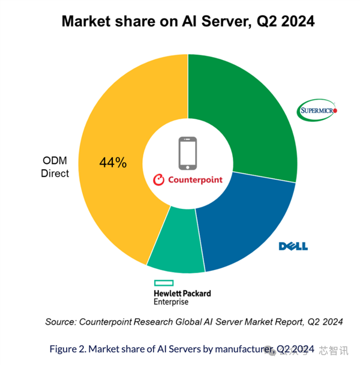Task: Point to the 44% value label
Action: pyautogui.click(x=113, y=162)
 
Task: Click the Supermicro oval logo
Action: pyautogui.click(x=318, y=110)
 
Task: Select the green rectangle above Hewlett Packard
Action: pyautogui.click(x=164, y=282)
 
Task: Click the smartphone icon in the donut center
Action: pyautogui.click(x=187, y=152)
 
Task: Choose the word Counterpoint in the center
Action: pyautogui.click(x=194, y=179)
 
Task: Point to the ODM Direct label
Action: pyautogui.click(x=55, y=167)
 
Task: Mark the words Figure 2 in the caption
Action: pyautogui.click(x=68, y=349)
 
